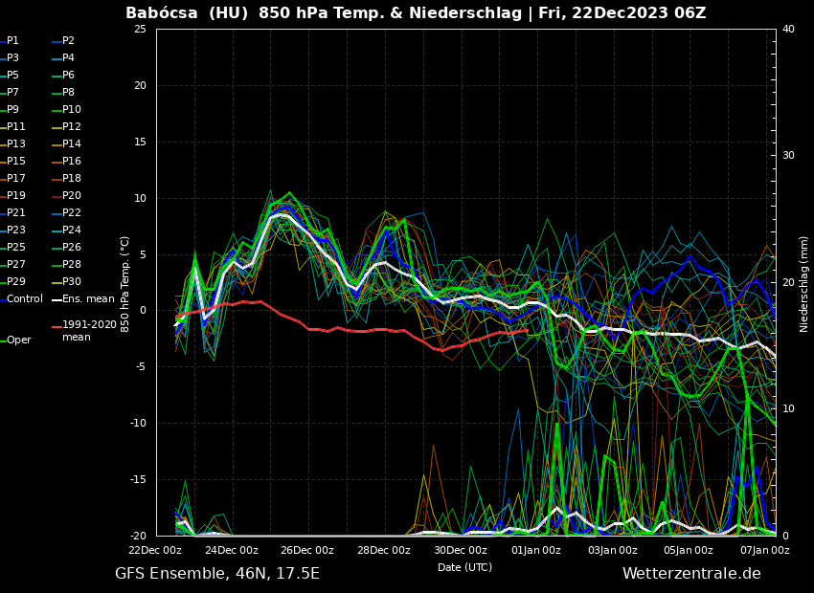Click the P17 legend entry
point(16,179)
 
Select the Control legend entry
point(24,299)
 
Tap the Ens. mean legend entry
point(87,299)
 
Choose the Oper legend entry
point(18,340)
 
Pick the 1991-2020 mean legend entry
point(88,331)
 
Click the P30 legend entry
point(72,282)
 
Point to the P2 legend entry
point(68,41)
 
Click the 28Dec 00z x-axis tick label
point(384,550)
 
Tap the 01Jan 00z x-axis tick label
point(536,550)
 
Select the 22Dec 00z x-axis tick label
point(155,550)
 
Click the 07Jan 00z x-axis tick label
point(764,550)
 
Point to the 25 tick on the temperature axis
point(140,30)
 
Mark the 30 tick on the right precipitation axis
point(788,156)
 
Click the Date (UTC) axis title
point(464,567)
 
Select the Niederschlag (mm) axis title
point(804,283)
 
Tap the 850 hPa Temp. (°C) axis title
point(125,283)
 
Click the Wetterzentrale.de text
point(691,574)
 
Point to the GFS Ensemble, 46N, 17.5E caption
point(217,574)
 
